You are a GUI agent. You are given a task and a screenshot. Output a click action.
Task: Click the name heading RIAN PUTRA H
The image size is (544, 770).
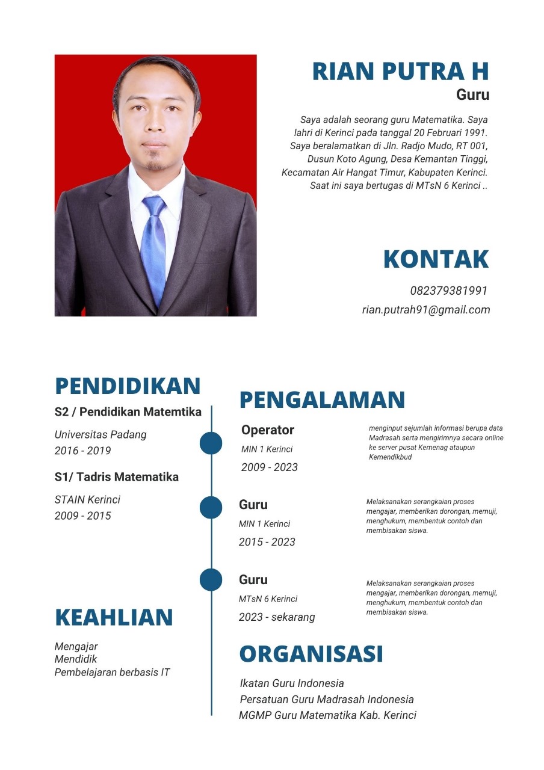click(400, 71)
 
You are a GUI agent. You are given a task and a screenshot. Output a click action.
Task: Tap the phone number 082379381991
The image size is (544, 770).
click(448, 291)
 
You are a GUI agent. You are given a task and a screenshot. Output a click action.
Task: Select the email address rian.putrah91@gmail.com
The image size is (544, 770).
click(425, 310)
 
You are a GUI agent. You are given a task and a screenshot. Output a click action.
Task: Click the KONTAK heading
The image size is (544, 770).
click(436, 259)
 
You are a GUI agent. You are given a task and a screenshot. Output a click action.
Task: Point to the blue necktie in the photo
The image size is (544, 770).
click(153, 247)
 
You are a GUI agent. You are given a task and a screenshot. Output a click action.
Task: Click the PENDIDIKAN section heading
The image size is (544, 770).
click(128, 386)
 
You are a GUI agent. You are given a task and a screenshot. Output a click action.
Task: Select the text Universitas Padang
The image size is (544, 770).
click(100, 434)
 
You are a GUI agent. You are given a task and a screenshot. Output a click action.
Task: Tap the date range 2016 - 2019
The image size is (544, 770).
click(82, 451)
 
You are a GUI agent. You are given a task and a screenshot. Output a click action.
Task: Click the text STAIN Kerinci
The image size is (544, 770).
click(87, 499)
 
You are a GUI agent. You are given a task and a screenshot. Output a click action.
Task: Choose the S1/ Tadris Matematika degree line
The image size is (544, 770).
click(116, 477)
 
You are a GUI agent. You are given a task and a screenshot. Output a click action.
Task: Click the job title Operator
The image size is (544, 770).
click(268, 430)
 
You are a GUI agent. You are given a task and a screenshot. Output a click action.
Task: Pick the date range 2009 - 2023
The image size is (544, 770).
click(269, 467)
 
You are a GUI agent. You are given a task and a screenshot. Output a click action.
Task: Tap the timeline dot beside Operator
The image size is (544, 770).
click(211, 443)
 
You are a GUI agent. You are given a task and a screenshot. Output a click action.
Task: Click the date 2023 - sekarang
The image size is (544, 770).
click(277, 617)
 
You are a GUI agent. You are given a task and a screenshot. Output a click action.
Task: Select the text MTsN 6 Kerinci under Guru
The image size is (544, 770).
click(268, 599)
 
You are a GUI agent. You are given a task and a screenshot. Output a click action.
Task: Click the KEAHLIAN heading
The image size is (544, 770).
click(114, 617)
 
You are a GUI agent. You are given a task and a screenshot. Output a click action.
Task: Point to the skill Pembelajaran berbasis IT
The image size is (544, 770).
click(112, 672)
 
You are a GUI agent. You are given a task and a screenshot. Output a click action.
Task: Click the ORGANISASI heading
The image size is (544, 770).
click(311, 653)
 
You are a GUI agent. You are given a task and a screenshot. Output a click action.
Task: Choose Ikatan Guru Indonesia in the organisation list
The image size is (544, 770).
click(292, 683)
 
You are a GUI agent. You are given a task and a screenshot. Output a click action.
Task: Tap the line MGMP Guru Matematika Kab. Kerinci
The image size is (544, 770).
click(327, 715)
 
